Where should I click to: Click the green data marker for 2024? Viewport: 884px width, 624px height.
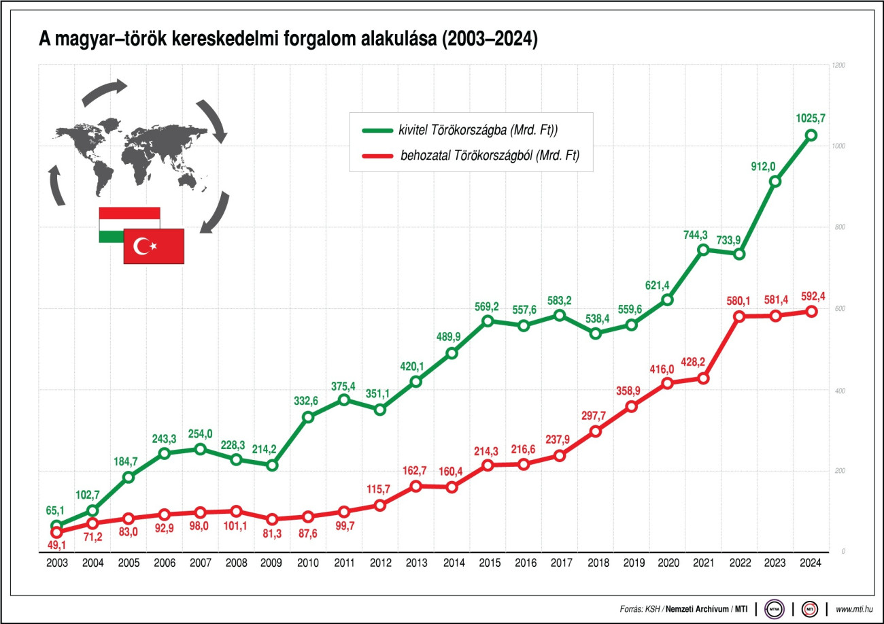pyautogui.click(x=811, y=135)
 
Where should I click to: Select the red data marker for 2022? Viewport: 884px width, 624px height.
pyautogui.click(x=739, y=316)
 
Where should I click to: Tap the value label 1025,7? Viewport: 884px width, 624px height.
pyautogui.click(x=811, y=118)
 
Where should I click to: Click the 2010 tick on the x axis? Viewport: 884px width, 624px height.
pyautogui.click(x=308, y=563)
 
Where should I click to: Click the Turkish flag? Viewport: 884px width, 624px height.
pyautogui.click(x=154, y=246)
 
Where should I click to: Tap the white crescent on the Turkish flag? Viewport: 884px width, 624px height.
pyautogui.click(x=142, y=246)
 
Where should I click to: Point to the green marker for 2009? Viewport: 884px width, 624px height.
pyautogui.click(x=272, y=465)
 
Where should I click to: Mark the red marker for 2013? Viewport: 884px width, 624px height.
pyautogui.click(x=415, y=486)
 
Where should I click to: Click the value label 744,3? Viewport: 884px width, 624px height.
pyautogui.click(x=696, y=235)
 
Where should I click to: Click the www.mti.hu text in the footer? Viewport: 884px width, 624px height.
pyautogui.click(x=854, y=608)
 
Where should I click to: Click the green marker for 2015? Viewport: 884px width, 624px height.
pyautogui.click(x=488, y=321)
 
